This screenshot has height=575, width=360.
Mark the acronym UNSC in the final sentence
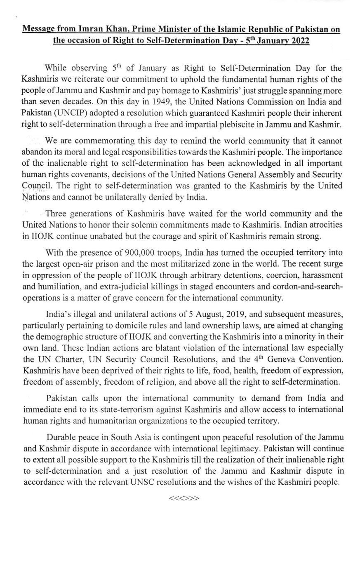pyautogui.click(x=170, y=481)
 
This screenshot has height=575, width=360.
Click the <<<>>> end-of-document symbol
pyautogui.click(x=184, y=498)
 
